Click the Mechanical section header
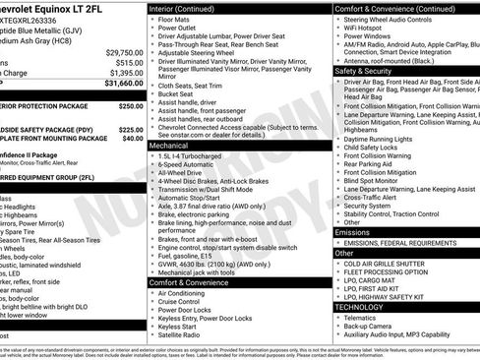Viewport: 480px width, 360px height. [x=169, y=145]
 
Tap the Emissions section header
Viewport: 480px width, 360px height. [x=355, y=233]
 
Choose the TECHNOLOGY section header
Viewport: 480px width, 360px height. [x=361, y=307]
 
